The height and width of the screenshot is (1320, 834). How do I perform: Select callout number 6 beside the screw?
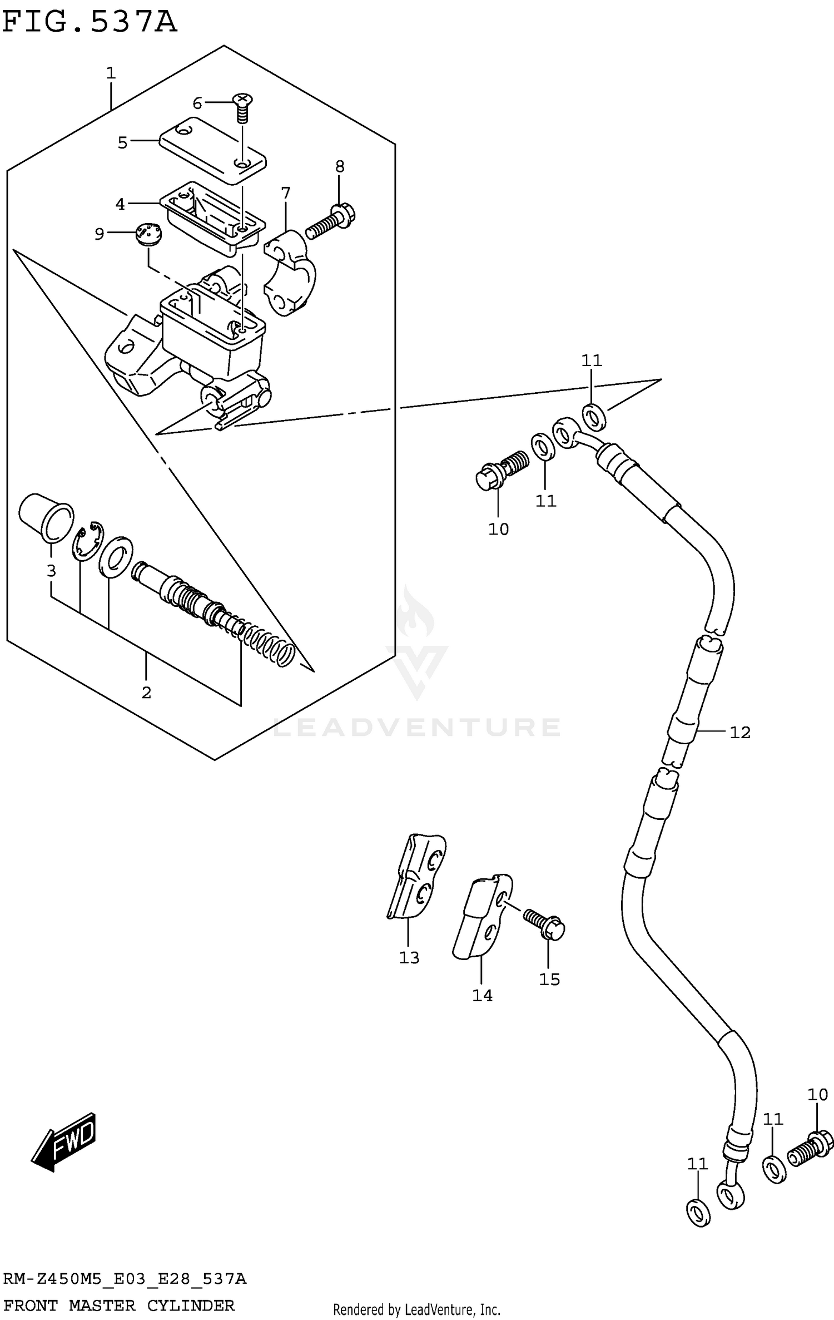click(x=197, y=103)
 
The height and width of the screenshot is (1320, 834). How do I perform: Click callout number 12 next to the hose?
click(x=739, y=733)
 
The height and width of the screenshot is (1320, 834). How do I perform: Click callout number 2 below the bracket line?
click(x=146, y=693)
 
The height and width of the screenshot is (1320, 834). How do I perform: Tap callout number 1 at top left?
click(x=111, y=73)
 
